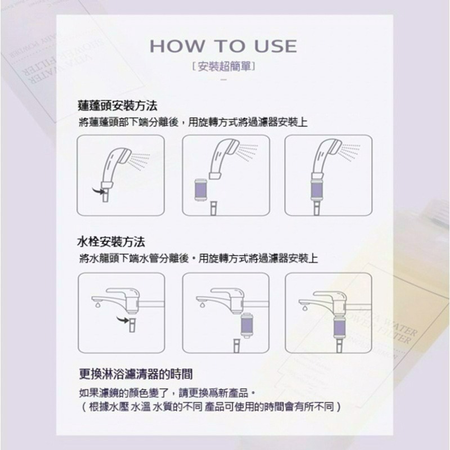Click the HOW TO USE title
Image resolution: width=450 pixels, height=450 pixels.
(224, 46)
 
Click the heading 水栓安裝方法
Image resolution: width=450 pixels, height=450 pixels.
(111, 242)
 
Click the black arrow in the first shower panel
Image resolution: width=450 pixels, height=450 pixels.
(102, 192)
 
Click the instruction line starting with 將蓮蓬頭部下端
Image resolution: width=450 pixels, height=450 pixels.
(192, 122)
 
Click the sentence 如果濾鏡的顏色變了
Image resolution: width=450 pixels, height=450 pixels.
(168, 391)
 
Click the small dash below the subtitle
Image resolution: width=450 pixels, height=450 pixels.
(224, 80)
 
